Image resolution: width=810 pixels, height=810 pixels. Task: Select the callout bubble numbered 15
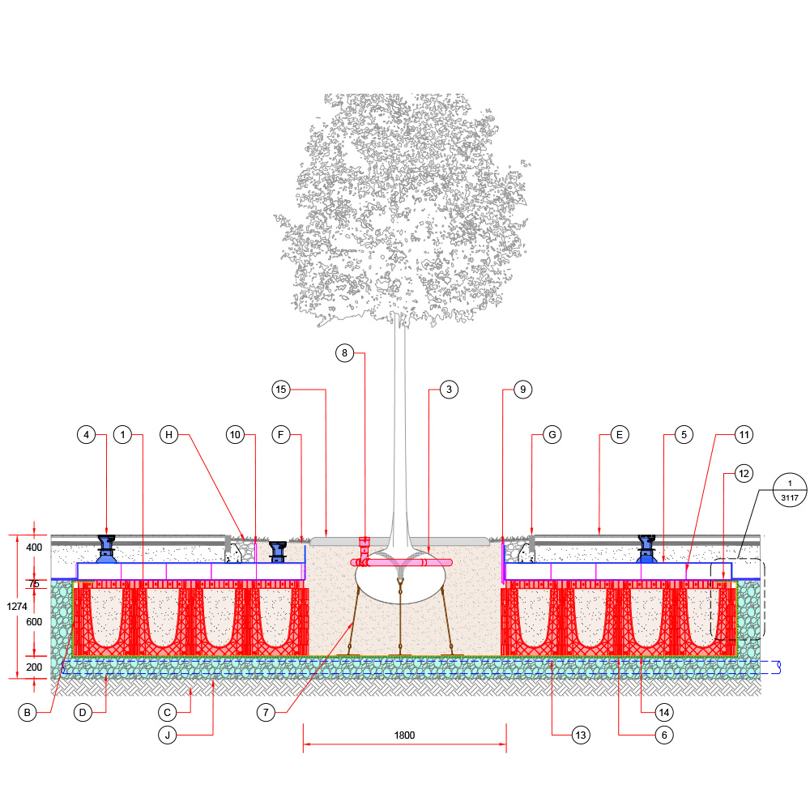point(281,390)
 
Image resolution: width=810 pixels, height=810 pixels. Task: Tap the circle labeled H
point(168,435)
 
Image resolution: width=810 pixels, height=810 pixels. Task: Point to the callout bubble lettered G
point(552,435)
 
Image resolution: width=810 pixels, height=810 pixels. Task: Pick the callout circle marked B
point(28,713)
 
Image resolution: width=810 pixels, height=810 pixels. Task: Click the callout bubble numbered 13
point(579,735)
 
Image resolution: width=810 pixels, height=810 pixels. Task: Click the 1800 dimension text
point(404,735)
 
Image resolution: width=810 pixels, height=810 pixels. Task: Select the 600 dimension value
point(33,621)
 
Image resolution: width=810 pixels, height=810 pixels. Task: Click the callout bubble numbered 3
point(447,390)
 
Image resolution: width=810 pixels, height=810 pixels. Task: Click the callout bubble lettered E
point(618,435)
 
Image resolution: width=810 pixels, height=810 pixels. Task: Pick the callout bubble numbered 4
point(87,435)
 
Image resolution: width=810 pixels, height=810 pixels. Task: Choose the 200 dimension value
point(33,667)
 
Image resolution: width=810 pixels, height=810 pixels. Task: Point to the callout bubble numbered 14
point(664,713)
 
